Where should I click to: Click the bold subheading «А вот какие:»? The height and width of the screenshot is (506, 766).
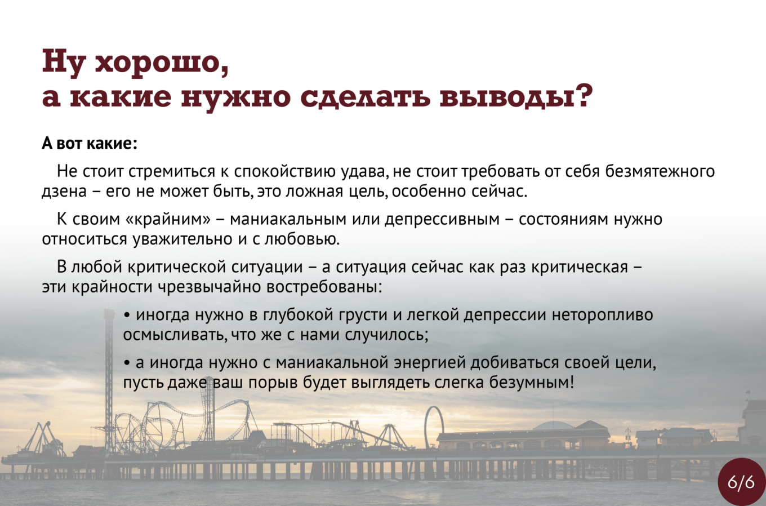[90, 143]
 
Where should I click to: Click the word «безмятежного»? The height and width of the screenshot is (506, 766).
[660, 171]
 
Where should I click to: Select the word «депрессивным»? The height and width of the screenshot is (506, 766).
[442, 220]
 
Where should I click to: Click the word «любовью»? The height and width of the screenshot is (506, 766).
[302, 239]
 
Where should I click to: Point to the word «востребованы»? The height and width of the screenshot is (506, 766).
[323, 287]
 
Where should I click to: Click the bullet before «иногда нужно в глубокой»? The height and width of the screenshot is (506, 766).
[127, 316]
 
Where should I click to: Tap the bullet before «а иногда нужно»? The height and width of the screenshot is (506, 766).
[127, 363]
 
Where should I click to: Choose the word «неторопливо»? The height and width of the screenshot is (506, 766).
[603, 315]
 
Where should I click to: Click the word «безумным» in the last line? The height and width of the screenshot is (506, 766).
[532, 383]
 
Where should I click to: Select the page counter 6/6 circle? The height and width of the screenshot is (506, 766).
[741, 482]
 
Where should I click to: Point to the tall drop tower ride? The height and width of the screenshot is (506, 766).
[109, 380]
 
